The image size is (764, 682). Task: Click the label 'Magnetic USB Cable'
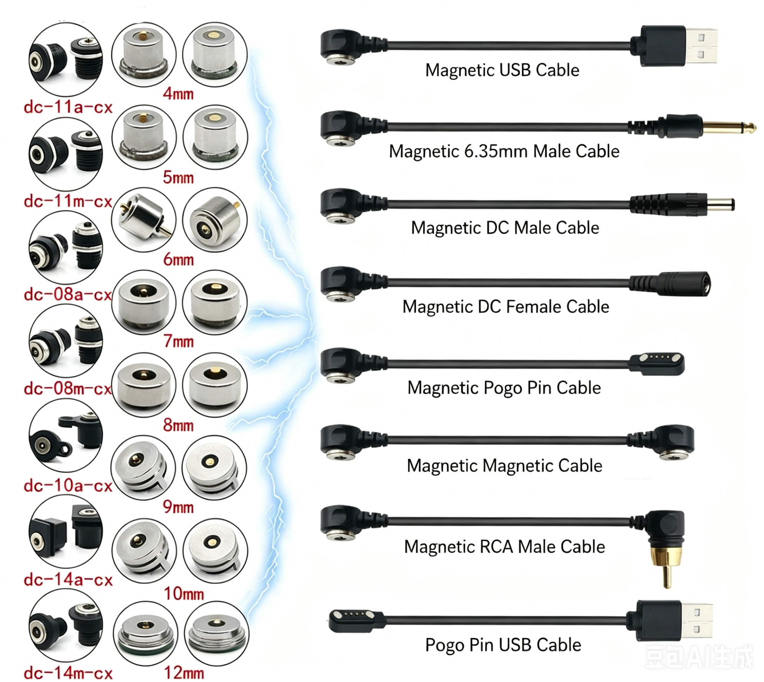pos(502,70)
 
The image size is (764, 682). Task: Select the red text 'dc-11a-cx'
pos(68,108)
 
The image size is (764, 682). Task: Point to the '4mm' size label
pos(178,94)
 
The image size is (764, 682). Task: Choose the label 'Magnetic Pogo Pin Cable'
pos(504,388)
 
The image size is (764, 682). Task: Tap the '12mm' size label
pos(184,672)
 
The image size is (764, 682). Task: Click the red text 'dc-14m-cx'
pos(68,673)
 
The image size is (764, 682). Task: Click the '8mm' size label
pos(178,425)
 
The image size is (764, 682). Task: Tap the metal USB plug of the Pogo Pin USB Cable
pos(697,621)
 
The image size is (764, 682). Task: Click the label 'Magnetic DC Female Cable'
pos(506,306)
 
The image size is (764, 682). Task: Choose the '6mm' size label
pos(178,260)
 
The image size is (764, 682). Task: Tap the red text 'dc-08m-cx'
pos(68,389)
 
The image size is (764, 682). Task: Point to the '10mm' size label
pos(184,593)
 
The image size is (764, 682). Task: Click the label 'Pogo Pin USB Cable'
pos(503,645)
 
